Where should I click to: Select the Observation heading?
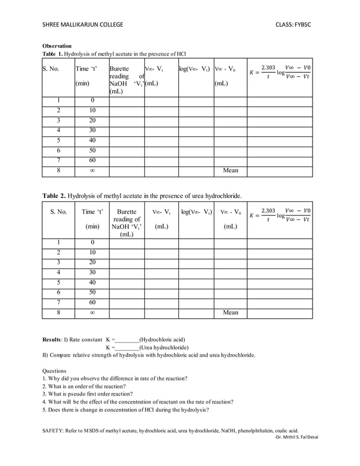click(x=57, y=46)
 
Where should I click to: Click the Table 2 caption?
click(x=142, y=196)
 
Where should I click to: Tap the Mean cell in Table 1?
click(x=230, y=170)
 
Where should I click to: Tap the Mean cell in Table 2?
click(x=230, y=312)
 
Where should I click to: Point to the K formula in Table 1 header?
click(x=280, y=73)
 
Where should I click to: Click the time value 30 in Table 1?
click(x=92, y=130)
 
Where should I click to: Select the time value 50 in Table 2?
click(x=92, y=292)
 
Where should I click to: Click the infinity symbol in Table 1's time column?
click(x=92, y=170)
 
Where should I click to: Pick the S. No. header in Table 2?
click(x=59, y=212)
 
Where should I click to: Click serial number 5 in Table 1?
click(x=59, y=140)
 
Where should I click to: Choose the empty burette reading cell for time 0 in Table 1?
click(x=126, y=101)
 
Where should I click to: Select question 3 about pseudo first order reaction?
click(x=87, y=394)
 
